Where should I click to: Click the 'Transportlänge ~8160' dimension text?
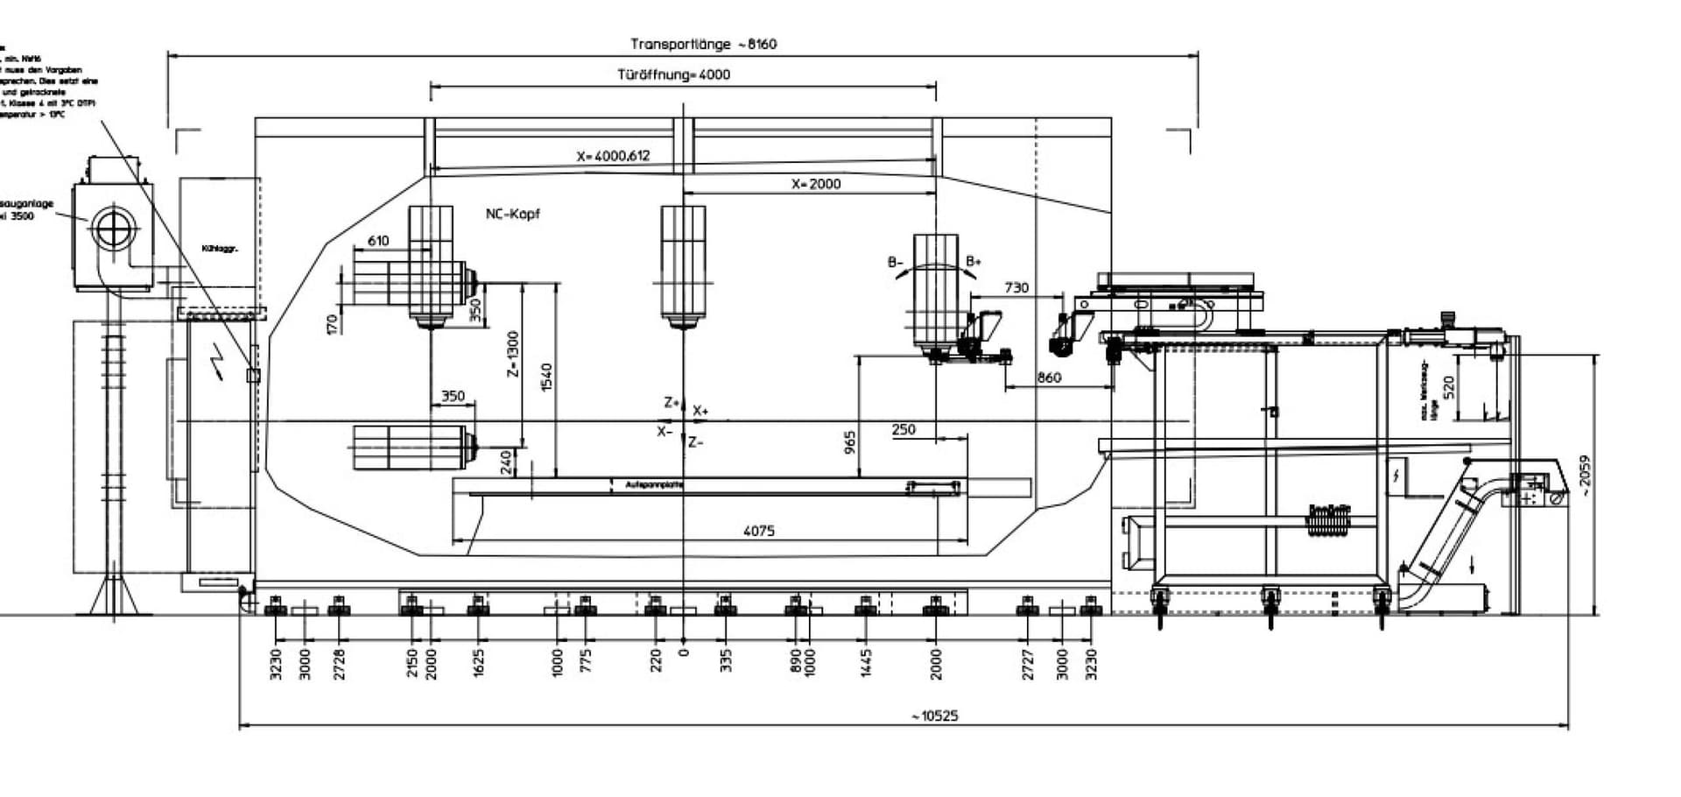[703, 44]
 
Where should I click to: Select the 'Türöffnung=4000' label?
[673, 74]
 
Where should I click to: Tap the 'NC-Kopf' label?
[513, 214]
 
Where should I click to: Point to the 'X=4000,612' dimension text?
[613, 156]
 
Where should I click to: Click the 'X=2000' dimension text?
[816, 184]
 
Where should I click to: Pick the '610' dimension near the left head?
[378, 241]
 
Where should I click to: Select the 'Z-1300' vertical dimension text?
[513, 354]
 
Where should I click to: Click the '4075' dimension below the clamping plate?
[758, 531]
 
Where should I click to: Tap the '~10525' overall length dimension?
[934, 716]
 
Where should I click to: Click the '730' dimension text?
[1016, 287]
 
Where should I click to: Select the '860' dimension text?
[1049, 377]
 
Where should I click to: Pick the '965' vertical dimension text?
[850, 442]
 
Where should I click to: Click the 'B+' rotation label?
[974, 262]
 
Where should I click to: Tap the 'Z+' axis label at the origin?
[672, 403]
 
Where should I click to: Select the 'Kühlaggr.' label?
[220, 249]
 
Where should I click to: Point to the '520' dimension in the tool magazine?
[1448, 386]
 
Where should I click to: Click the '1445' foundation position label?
[866, 663]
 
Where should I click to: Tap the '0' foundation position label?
[685, 652]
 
